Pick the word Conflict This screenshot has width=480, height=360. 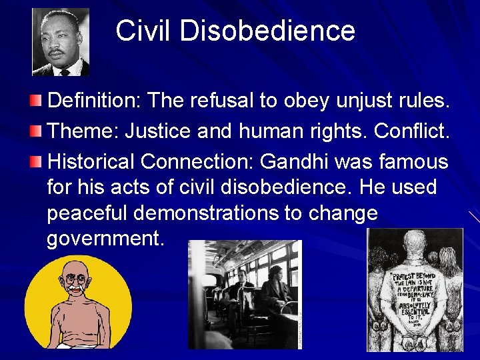point(412,131)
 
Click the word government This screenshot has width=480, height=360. point(105,239)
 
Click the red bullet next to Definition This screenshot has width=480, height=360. point(35,101)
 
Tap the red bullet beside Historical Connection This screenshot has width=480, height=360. point(35,162)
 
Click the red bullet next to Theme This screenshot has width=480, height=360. point(35,131)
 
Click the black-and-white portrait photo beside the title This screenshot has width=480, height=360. point(61,42)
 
